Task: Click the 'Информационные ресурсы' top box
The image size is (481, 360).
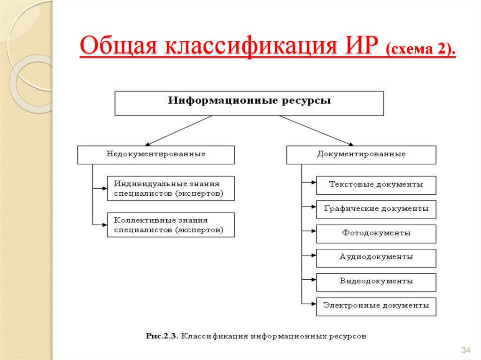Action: (249, 103)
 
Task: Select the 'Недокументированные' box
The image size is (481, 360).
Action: (156, 154)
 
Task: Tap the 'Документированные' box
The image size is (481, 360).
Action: (361, 154)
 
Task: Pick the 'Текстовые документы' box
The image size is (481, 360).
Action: (376, 185)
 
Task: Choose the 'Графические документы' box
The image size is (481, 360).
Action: (376, 209)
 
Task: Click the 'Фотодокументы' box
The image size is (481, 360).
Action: (376, 233)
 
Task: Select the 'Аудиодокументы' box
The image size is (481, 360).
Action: (376, 258)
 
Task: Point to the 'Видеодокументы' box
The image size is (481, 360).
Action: (376, 282)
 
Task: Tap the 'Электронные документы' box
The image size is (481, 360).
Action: (376, 306)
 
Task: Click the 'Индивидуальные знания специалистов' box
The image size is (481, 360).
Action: (171, 188)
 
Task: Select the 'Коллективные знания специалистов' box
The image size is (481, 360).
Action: (171, 225)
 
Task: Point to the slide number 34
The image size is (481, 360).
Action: (466, 351)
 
